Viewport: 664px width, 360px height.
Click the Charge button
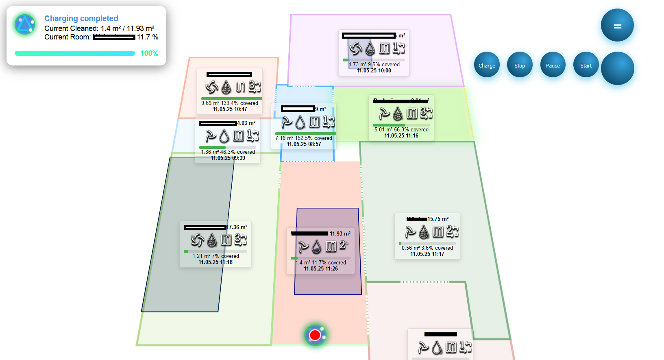pos(487,65)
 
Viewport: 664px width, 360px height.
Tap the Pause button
pos(553,65)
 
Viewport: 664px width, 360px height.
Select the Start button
pos(586,65)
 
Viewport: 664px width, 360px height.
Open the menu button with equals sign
pos(617,26)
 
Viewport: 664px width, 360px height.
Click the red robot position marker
pos(315,335)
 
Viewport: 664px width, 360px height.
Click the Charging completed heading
pos(81,18)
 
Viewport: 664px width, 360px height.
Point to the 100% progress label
pos(149,53)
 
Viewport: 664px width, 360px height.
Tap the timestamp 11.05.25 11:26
pos(321,268)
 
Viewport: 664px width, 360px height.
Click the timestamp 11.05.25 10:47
pos(230,109)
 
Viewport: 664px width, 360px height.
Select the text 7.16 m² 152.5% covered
pos(303,138)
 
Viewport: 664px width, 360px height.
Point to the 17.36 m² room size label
pos(237,227)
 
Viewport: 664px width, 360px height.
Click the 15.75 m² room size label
pos(438,219)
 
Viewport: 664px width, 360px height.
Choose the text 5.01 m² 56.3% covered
pos(401,129)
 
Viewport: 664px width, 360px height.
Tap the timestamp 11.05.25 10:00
pos(374,70)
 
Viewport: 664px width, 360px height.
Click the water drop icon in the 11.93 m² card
pos(316,246)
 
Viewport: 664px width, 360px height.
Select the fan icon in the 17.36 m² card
pos(197,240)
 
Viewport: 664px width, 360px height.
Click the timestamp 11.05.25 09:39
pos(228,158)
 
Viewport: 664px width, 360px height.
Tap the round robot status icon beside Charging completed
pos(25,24)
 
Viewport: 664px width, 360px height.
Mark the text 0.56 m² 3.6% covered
pos(427,248)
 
